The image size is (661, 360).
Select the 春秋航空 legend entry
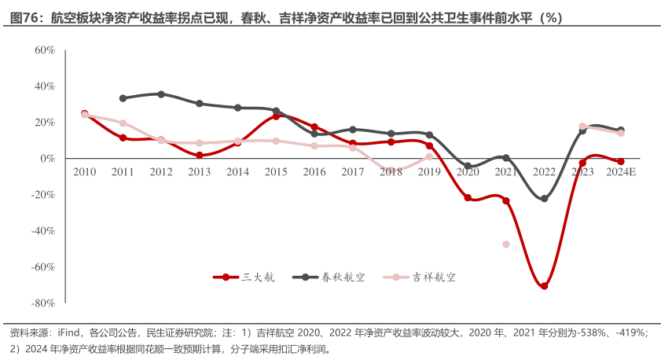coord(334,277)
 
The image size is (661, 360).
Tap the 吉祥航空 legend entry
coord(424,277)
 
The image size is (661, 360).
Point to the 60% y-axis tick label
coord(45,50)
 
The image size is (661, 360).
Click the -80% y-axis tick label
coord(43,303)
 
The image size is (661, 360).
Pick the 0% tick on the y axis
coord(47,158)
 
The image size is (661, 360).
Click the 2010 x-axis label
coord(85,171)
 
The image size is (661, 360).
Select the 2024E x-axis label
coord(620,171)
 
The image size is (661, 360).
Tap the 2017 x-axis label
coord(353,171)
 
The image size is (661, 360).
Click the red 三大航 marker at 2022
coord(544,286)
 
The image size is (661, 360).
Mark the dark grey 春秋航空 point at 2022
coord(544,199)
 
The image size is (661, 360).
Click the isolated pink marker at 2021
coord(506,244)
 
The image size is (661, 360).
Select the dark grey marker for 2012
coord(161,94)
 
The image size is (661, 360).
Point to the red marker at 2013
coord(200,155)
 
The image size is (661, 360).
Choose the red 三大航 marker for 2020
coord(468,197)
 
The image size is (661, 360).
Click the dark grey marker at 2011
coord(123,98)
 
